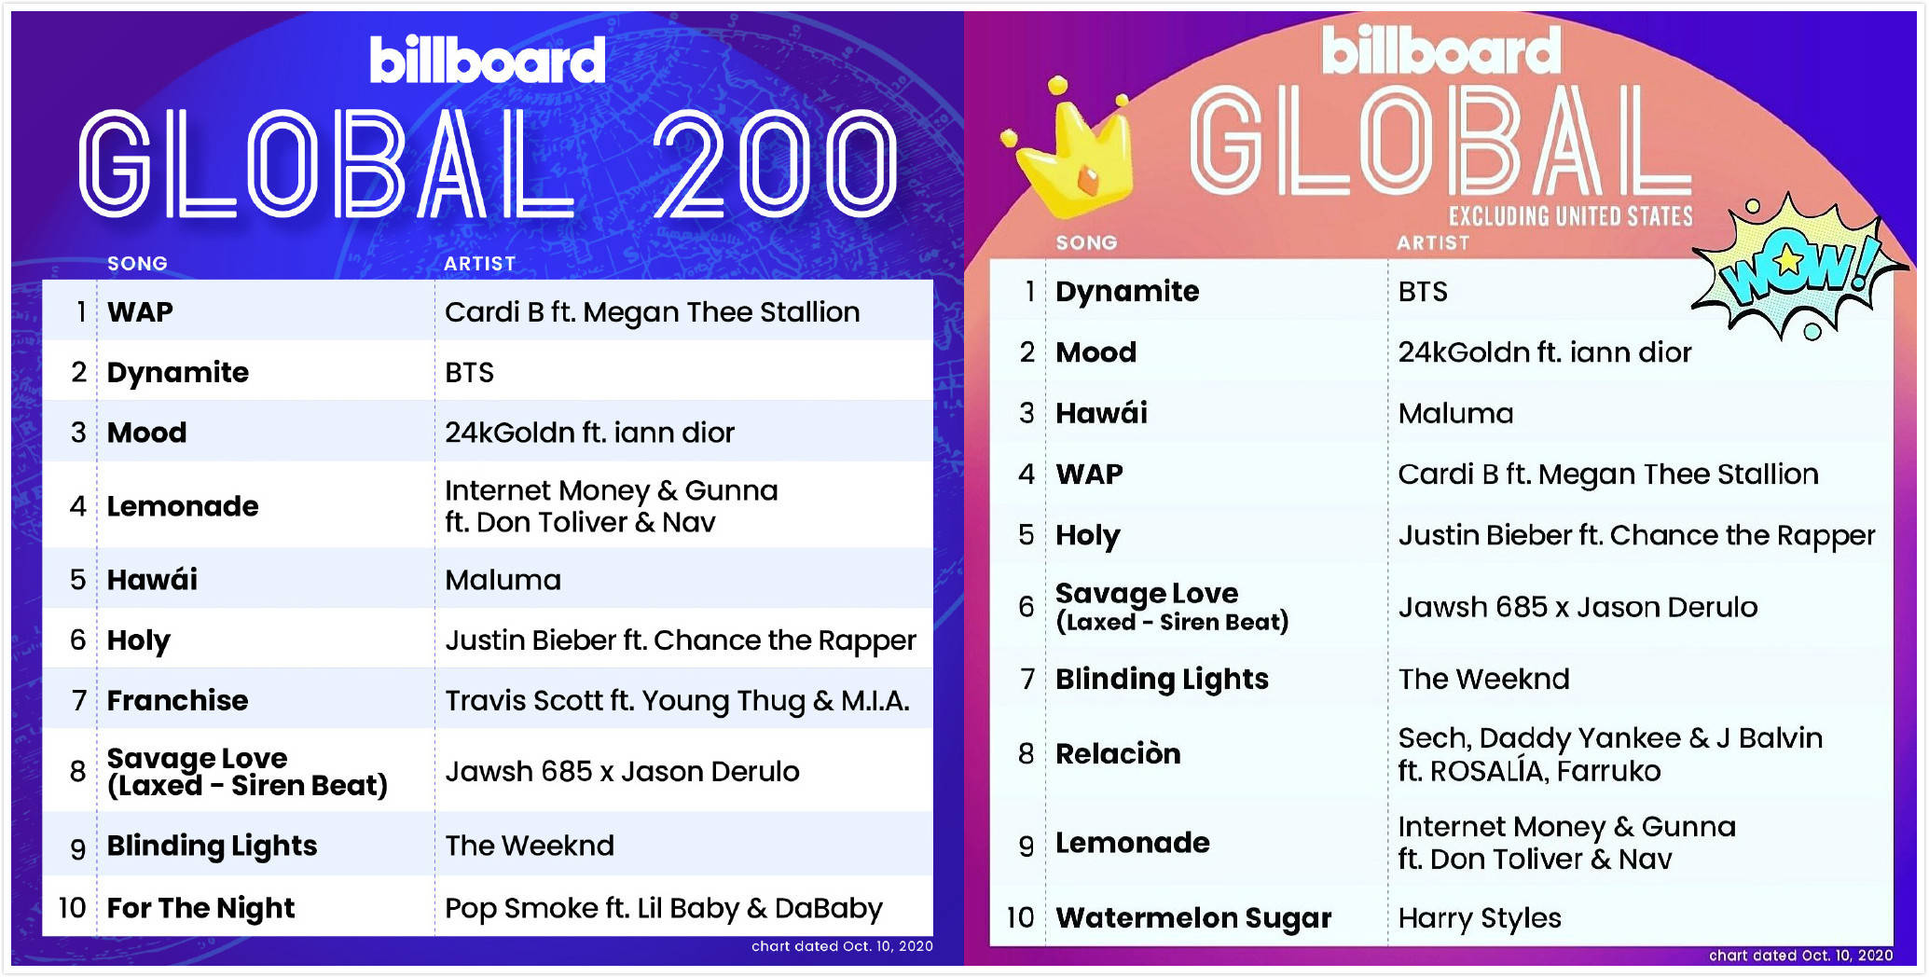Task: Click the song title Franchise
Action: [x=177, y=700]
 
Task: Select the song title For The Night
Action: [x=200, y=908]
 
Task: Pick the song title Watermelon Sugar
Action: [x=1193, y=918]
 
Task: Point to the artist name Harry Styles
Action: [x=1480, y=918]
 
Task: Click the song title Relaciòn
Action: [x=1118, y=753]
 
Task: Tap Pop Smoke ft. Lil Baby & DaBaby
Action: [x=664, y=908]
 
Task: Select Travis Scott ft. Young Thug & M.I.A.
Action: [x=677, y=700]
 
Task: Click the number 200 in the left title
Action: [x=774, y=164]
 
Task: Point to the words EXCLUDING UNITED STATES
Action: [x=1571, y=216]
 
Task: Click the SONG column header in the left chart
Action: [x=137, y=264]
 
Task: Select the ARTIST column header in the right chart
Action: [x=1432, y=243]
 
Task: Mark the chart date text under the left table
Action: [x=842, y=946]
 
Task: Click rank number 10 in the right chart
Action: [x=1020, y=918]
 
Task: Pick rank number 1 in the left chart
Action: [x=82, y=311]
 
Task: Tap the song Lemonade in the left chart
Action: [x=183, y=506]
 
